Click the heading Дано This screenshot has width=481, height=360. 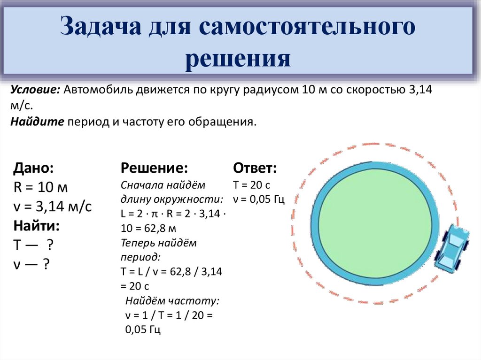click(x=33, y=169)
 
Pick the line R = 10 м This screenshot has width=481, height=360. click(x=41, y=188)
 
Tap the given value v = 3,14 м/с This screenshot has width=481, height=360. click(x=53, y=207)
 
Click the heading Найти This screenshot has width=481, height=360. click(x=37, y=226)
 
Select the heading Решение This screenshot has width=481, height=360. click(x=155, y=169)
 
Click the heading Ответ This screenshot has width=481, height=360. click(x=255, y=169)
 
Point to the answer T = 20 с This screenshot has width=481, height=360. click(x=252, y=185)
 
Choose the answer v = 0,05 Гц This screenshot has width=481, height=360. click(x=259, y=199)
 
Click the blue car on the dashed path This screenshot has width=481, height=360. click(x=451, y=248)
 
